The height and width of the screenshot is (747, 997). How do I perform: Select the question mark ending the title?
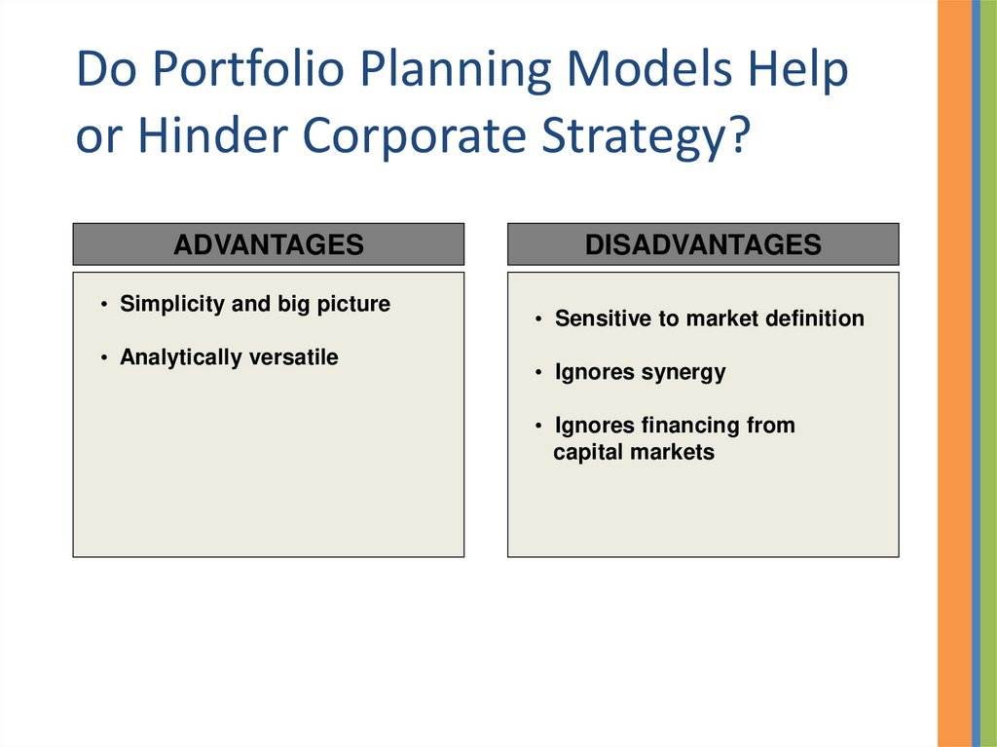(739, 135)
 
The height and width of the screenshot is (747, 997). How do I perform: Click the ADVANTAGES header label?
(269, 244)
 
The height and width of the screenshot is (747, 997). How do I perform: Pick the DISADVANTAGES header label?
(703, 244)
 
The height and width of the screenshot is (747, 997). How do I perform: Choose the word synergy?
(683, 373)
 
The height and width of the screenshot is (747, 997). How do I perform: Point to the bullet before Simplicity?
(103, 305)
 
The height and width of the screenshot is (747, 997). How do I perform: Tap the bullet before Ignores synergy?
(538, 372)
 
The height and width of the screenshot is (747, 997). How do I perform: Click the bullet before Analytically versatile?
(103, 358)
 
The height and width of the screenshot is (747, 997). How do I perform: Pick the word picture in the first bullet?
(353, 305)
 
